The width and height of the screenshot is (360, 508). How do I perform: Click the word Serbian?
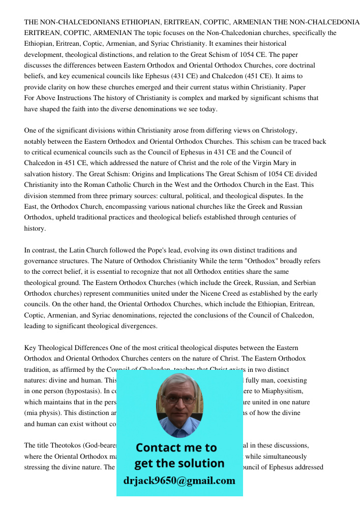pyautogui.click(x=304, y=282)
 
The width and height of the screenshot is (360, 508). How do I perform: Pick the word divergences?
pyautogui.click(x=138, y=326)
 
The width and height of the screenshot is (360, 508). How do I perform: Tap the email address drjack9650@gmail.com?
pyautogui.click(x=179, y=481)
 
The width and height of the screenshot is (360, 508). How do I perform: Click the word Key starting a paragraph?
pyautogui.click(x=31, y=347)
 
